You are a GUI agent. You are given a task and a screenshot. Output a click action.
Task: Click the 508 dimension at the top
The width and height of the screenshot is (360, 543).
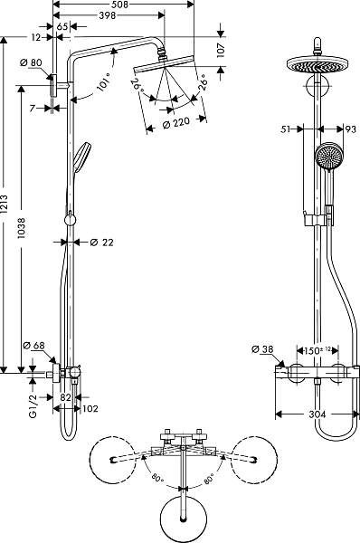pos(120,5)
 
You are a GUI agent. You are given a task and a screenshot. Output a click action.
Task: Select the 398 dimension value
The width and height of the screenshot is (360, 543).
pos(107,15)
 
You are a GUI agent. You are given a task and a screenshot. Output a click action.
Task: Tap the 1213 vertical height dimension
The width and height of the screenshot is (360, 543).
pos(5,205)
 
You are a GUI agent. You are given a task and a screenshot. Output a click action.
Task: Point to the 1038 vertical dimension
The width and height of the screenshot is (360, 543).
pos(22,228)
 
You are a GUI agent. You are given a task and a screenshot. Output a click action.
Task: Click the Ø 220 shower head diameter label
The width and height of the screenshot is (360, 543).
pos(176,123)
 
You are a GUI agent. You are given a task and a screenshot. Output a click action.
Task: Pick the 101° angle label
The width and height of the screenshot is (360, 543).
pos(103,81)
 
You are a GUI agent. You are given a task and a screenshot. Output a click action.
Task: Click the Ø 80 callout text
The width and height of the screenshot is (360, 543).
pos(31,62)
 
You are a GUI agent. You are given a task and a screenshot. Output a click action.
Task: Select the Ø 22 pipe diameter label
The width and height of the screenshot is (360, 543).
pos(102,243)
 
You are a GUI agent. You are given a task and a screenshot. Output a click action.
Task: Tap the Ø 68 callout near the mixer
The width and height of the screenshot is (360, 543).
pos(33,346)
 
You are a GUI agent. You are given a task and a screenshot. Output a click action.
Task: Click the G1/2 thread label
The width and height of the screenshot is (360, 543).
pos(33,405)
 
